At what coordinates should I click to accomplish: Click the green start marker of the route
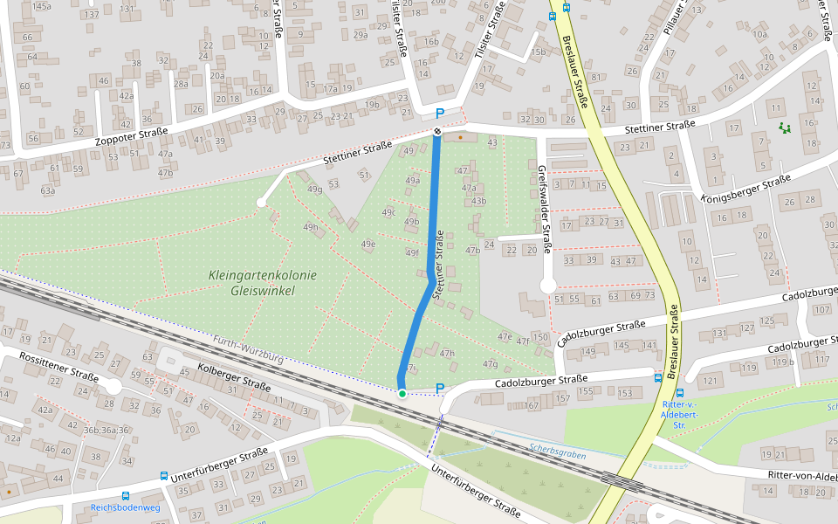coord(402,394)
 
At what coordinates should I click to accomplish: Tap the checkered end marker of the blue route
coord(437,131)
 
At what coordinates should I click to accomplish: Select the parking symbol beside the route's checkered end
coord(440,114)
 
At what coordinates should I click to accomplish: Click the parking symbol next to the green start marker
coord(440,389)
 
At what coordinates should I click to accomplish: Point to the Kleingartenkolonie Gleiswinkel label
coord(263,282)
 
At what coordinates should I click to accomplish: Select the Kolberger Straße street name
coord(234,377)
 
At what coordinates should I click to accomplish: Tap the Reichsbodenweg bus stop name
coord(126,507)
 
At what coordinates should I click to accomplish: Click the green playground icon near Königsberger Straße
coord(785,128)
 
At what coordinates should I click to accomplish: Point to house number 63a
coord(47,190)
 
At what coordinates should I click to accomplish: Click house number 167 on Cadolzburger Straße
coord(532,405)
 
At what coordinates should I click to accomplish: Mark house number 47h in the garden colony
coord(448,353)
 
